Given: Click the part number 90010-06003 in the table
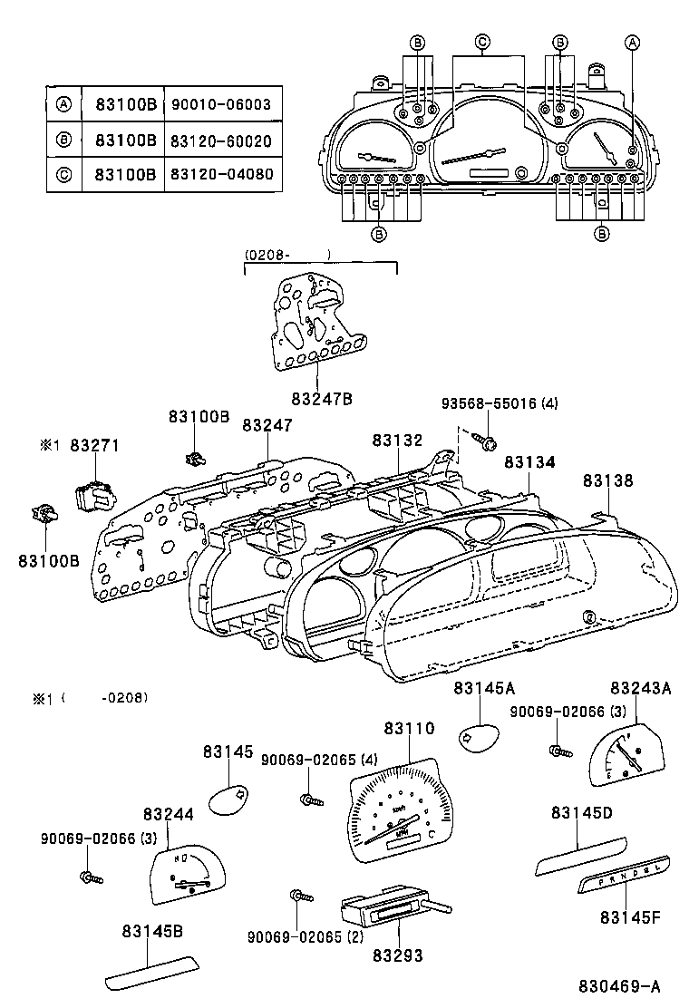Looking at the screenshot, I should click(x=220, y=104).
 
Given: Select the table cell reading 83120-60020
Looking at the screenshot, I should click(x=220, y=141).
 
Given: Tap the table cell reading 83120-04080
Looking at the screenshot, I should click(x=220, y=172).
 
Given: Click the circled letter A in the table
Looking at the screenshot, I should click(x=63, y=104).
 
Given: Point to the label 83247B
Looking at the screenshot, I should click(x=321, y=399).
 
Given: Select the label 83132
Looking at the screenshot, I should click(x=397, y=440).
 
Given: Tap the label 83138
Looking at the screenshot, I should click(x=607, y=480).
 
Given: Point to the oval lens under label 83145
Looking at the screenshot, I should click(x=228, y=798).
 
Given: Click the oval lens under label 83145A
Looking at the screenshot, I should click(x=478, y=739).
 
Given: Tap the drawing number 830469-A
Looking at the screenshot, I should click(x=620, y=986).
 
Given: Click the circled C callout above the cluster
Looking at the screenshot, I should click(x=482, y=42).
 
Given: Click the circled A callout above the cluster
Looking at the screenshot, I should click(x=633, y=42).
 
